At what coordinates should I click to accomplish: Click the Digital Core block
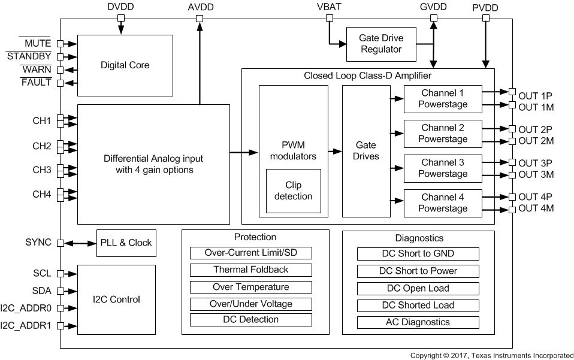click(125, 65)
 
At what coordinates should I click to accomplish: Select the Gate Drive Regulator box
click(381, 44)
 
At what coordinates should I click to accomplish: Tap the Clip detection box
click(293, 190)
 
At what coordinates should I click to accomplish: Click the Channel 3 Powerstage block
click(443, 168)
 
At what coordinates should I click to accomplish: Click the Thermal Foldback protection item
click(250, 270)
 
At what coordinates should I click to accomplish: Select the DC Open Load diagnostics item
click(418, 288)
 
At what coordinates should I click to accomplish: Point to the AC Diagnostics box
click(418, 322)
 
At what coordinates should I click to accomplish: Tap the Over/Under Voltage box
click(250, 304)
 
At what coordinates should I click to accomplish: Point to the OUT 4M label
click(536, 208)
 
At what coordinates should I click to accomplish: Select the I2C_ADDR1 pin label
click(26, 326)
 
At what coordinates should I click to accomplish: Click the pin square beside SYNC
click(60, 243)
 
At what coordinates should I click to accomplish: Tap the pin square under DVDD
click(121, 18)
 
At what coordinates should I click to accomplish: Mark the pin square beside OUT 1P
click(512, 92)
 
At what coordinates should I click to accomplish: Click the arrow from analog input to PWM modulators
click(244, 152)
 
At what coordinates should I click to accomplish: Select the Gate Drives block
click(365, 151)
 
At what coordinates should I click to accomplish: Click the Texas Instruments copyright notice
click(491, 355)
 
